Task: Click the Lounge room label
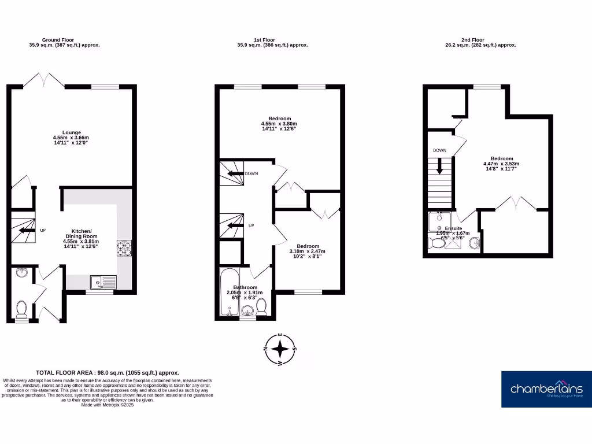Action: pyautogui.click(x=71, y=132)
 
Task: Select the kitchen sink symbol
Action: pyautogui.click(x=103, y=282)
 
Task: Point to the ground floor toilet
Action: pyautogui.click(x=21, y=309)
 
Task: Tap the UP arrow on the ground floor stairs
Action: pyautogui.click(x=25, y=230)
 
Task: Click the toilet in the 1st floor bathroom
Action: pyautogui.click(x=261, y=306)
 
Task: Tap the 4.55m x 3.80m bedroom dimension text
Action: pyautogui.click(x=279, y=124)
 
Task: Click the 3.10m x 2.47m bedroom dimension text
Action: pyautogui.click(x=307, y=251)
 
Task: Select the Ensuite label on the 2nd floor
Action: pyautogui.click(x=453, y=228)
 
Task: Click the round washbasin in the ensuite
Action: pyautogui.click(x=475, y=243)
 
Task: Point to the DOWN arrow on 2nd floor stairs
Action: pyautogui.click(x=440, y=166)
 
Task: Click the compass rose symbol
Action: pyautogui.click(x=280, y=349)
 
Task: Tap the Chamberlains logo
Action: pyautogui.click(x=546, y=389)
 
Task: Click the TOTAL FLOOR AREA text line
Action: pyautogui.click(x=108, y=373)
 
